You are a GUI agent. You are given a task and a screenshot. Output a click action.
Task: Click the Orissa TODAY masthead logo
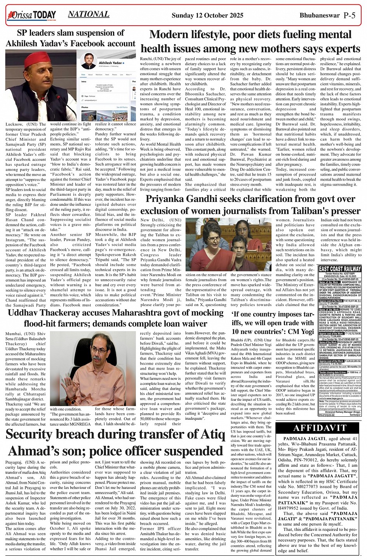[x=31, y=16]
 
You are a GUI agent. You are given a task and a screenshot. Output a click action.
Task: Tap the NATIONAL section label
[x=89, y=14]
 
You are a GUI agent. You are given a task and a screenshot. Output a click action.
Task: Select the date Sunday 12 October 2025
[x=207, y=15]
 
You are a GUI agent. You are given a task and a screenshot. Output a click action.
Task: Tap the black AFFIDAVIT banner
[x=320, y=428]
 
